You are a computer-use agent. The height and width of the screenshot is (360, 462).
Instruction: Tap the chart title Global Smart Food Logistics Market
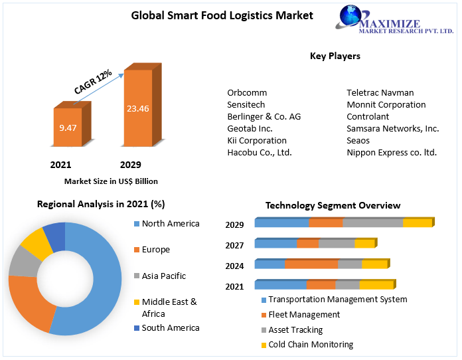click(222, 15)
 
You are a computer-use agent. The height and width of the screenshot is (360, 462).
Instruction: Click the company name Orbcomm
click(247, 92)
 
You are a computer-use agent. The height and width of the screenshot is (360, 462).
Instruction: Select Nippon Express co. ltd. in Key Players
click(392, 152)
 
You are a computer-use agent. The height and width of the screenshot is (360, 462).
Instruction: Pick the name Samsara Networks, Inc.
click(392, 128)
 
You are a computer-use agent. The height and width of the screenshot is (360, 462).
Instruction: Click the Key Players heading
click(335, 56)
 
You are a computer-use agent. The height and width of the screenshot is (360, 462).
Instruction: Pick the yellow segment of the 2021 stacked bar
click(376, 285)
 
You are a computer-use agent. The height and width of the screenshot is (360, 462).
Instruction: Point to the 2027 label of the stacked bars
click(234, 245)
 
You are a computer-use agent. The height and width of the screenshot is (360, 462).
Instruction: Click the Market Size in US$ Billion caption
click(111, 181)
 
